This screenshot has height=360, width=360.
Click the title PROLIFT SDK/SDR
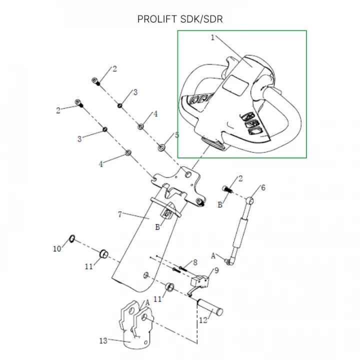[179, 19]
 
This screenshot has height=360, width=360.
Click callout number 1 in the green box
[212, 37]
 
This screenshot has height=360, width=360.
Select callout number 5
[176, 135]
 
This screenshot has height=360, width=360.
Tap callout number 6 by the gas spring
[263, 187]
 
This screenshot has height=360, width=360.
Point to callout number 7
[119, 214]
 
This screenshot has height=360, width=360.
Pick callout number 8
[195, 261]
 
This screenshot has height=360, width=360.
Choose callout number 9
[216, 270]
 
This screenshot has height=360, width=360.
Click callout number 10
[56, 248]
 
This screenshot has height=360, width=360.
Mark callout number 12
[203, 320]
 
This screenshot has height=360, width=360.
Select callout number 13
[103, 341]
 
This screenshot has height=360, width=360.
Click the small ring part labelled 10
[72, 237]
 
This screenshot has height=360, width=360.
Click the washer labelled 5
[162, 147]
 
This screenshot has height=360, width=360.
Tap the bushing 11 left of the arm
[104, 253]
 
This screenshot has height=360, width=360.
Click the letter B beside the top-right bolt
[219, 205]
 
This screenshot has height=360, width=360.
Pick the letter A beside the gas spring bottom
[213, 255]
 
